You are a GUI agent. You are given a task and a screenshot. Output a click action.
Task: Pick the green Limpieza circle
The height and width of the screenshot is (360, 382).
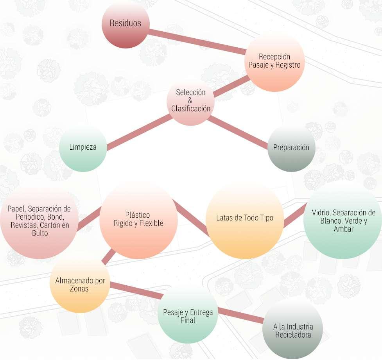[83, 148]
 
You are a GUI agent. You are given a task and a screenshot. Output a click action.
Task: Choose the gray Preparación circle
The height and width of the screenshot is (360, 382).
[291, 148]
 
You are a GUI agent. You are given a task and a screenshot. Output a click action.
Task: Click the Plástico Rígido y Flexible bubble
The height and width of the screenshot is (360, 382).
[138, 220]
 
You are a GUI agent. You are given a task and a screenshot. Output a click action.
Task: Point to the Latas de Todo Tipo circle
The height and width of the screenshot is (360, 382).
[245, 219]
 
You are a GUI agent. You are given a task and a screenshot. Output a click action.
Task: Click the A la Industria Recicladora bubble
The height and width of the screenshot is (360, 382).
[293, 331]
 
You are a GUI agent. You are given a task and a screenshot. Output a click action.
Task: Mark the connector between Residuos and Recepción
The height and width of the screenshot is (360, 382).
[195, 40]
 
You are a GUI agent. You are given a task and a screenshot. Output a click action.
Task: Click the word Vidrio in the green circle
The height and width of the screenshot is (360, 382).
[320, 213]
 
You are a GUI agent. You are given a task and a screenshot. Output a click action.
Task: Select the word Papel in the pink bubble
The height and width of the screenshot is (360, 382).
[16, 208]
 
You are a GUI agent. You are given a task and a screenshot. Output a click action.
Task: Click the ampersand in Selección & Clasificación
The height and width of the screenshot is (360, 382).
[190, 101]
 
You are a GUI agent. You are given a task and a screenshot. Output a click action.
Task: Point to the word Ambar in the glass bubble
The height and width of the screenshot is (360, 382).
[343, 229]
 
